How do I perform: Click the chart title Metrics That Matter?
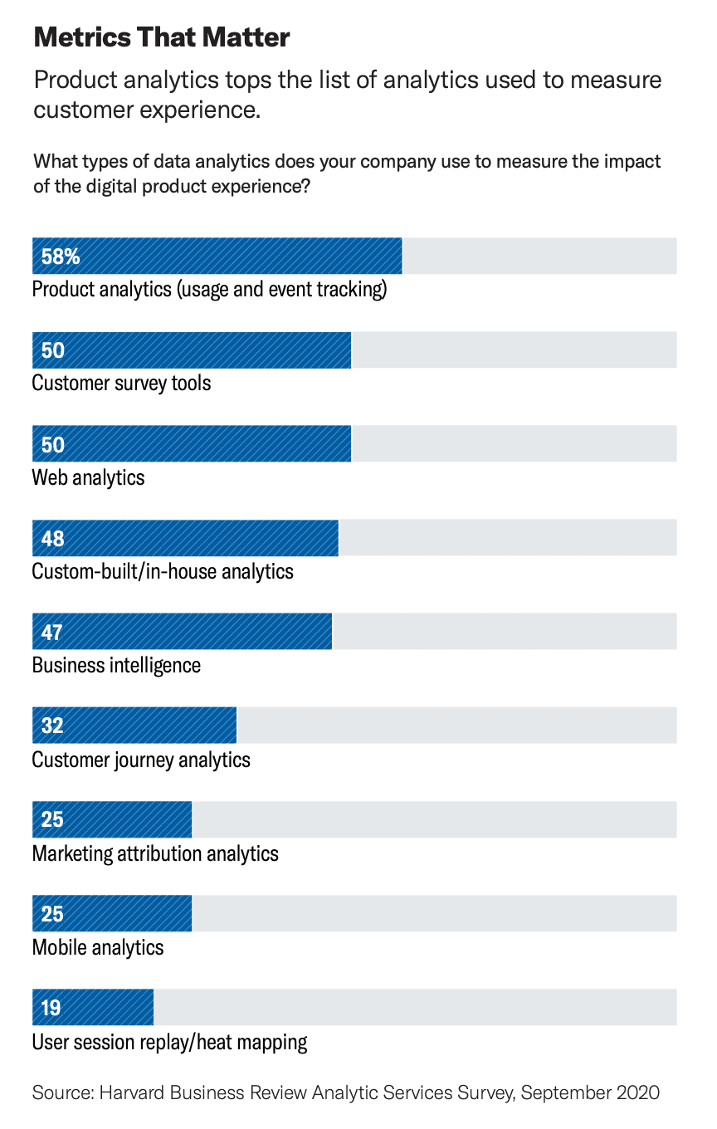161,37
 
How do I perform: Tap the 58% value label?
61,257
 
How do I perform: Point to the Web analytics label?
88,477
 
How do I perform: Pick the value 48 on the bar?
52,539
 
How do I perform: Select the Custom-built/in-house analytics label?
163,571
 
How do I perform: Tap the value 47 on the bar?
52,633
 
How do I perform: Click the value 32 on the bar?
52,726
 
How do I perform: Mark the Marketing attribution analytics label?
155,853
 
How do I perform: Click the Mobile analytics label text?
98,947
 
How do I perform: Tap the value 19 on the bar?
51,1008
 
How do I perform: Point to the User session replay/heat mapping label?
169,1042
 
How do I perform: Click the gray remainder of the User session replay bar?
415,1008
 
